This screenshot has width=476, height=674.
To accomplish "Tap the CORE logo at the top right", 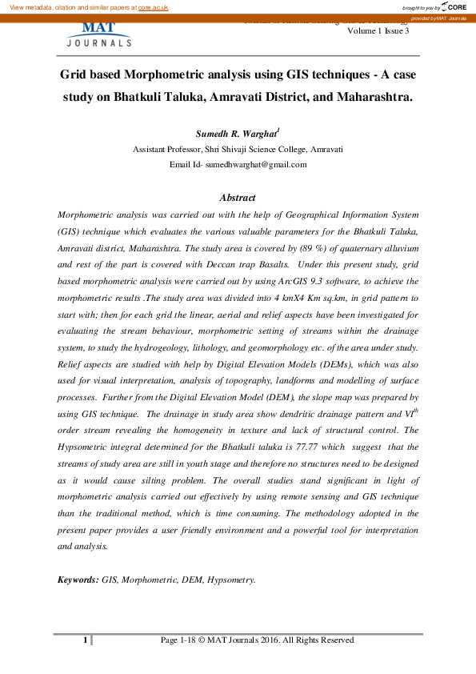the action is click(457, 6).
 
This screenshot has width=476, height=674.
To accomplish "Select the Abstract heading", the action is click(238, 198).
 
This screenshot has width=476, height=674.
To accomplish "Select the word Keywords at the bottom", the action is click(78, 578).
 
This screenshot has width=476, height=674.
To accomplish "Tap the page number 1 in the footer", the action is click(85, 640).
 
